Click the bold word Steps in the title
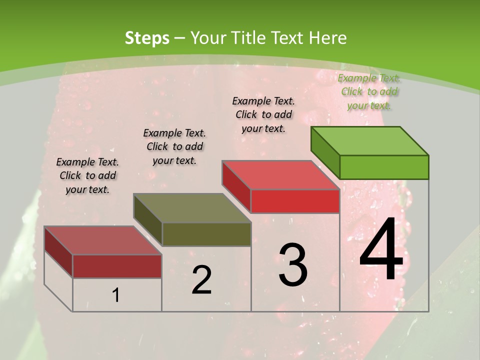pos(146,38)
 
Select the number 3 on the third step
pos(293,265)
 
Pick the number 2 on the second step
pos(201,280)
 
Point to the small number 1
pos(116,295)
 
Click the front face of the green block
pos(384,167)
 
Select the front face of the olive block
pos(206,234)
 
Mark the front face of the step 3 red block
pos(295,201)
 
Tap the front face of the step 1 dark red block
pos(117,266)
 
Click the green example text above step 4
pos(369,91)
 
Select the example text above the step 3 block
pos(263,114)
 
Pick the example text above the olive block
pos(174,146)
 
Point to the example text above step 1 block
pos(87,175)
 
